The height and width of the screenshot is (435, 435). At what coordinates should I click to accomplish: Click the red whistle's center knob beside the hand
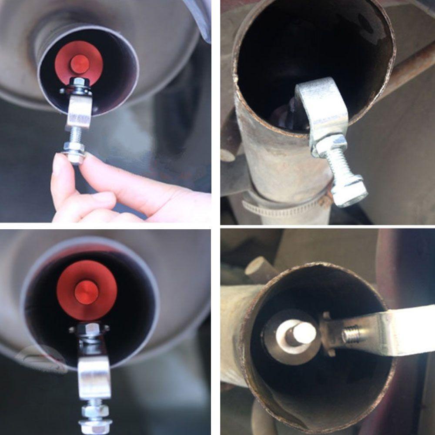(x=80, y=64)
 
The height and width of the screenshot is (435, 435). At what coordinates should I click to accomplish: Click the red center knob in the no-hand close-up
(x=86, y=292)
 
